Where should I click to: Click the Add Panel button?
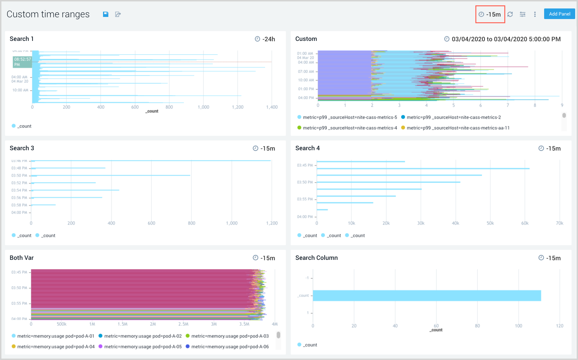[x=559, y=14]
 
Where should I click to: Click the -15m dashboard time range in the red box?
[x=490, y=14]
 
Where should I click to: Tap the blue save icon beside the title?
[x=106, y=14]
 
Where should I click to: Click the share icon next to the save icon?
[x=118, y=14]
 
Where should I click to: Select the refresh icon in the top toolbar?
[x=510, y=14]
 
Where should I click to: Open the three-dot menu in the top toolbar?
[x=535, y=14]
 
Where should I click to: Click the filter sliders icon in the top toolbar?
[x=523, y=14]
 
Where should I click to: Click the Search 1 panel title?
[x=22, y=39]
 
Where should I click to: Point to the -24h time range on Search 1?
[x=265, y=39]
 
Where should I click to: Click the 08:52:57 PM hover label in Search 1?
[x=22, y=62]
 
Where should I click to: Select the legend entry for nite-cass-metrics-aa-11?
[x=458, y=128]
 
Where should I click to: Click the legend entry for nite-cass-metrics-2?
[x=453, y=117]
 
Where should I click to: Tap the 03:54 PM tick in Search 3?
[x=19, y=190]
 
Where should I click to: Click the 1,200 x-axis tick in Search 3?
[x=272, y=223]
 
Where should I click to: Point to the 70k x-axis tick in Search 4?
[x=559, y=223]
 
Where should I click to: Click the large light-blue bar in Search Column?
[x=427, y=295]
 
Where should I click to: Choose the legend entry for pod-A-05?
[x=143, y=347]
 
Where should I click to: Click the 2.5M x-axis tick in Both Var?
[x=183, y=324]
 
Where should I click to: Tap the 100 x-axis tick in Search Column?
[x=518, y=326]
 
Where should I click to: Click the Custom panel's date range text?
[x=506, y=39]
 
